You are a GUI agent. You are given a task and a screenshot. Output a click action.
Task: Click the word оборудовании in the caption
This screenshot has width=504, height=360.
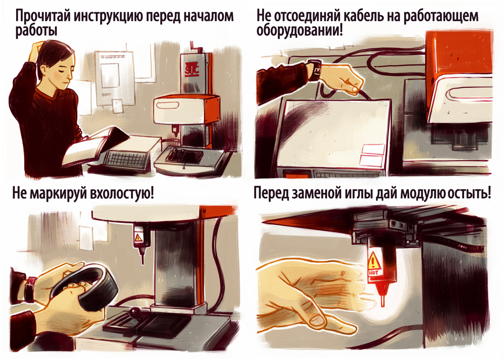[296, 31]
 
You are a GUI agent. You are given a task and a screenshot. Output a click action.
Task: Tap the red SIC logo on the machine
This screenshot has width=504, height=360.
[192, 70]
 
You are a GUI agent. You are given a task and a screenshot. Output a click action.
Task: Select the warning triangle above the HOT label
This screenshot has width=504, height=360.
[373, 261]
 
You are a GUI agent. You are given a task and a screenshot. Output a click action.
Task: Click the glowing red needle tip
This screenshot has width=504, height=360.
[383, 301]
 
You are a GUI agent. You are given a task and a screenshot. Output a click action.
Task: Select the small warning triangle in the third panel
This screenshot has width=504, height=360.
[138, 238]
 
